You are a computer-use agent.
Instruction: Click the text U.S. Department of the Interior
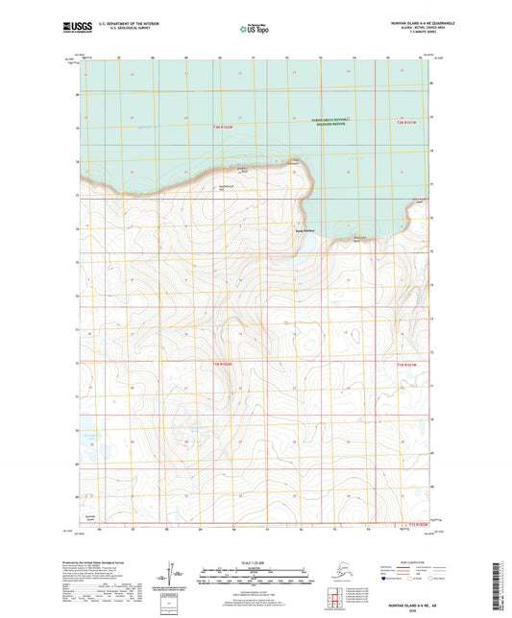(121, 20)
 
